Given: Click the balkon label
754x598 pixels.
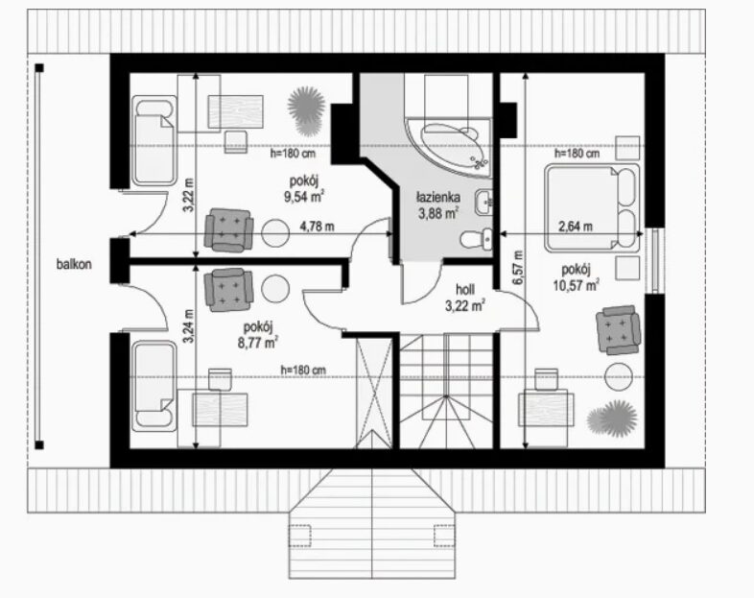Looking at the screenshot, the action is [x=74, y=264].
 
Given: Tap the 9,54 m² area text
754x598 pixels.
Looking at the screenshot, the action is [x=303, y=197].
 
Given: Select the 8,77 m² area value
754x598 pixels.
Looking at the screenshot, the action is [x=258, y=343].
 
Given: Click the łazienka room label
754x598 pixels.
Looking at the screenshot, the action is [x=438, y=197].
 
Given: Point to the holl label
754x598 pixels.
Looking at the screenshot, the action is [x=465, y=289].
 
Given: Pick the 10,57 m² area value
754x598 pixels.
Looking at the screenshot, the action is [x=576, y=285].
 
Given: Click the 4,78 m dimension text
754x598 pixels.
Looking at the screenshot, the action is [x=318, y=227].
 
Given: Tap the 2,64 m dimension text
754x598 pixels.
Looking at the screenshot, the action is [x=575, y=227].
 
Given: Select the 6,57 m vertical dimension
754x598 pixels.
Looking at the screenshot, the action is [x=518, y=268].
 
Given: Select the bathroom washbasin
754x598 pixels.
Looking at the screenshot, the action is [x=483, y=203].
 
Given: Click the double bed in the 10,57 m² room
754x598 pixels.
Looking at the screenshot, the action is [x=592, y=208].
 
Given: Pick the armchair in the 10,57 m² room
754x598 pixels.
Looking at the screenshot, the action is [x=618, y=330].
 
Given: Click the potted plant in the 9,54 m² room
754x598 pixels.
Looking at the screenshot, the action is [x=306, y=110].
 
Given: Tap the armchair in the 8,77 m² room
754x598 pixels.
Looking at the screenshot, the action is [x=228, y=290].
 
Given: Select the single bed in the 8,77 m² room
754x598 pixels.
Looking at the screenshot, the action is [x=153, y=385].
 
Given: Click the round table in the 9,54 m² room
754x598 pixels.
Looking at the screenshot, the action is [x=275, y=233].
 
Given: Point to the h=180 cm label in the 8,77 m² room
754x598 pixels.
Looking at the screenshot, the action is [x=303, y=370].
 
